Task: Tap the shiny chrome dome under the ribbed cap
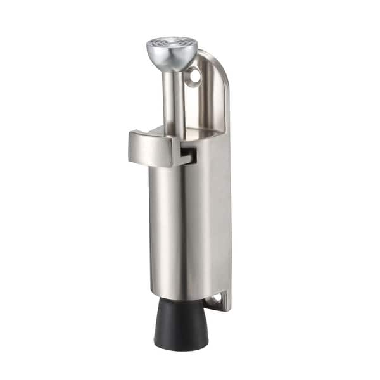tap(170, 60)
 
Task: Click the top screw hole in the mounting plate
tap(194, 77)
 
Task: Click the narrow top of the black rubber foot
tap(182, 301)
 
